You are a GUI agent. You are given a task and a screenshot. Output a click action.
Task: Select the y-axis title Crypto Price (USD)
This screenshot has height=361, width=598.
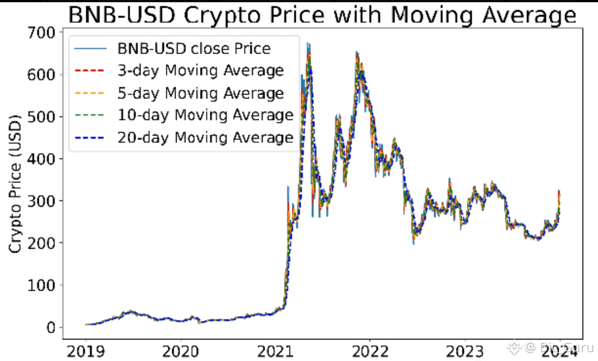[16, 184]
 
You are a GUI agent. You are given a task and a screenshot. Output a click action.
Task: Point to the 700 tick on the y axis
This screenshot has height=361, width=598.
[42, 33]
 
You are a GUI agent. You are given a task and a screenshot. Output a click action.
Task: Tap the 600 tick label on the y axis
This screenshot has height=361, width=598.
[42, 75]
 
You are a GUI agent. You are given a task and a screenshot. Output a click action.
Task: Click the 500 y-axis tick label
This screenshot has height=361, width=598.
[42, 117]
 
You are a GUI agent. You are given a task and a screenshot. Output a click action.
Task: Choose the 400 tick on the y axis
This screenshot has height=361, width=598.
[42, 159]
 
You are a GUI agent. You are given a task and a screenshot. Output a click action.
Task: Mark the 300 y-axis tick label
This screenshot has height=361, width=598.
[42, 201]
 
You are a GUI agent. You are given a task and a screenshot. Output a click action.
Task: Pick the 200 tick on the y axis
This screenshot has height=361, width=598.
[42, 243]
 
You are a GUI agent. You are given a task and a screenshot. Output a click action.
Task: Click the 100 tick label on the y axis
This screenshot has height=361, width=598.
[42, 285]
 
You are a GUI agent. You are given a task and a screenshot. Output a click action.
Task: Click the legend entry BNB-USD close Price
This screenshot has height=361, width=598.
[194, 49]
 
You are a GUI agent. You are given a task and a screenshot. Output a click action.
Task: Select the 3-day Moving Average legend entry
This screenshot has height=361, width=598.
[200, 71]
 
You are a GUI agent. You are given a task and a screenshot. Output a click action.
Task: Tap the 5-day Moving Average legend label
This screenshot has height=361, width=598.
[200, 93]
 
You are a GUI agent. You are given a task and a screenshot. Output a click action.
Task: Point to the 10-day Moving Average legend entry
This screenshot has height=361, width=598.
[205, 115]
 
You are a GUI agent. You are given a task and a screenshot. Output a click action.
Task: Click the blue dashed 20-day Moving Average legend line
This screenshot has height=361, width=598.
[90, 138]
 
